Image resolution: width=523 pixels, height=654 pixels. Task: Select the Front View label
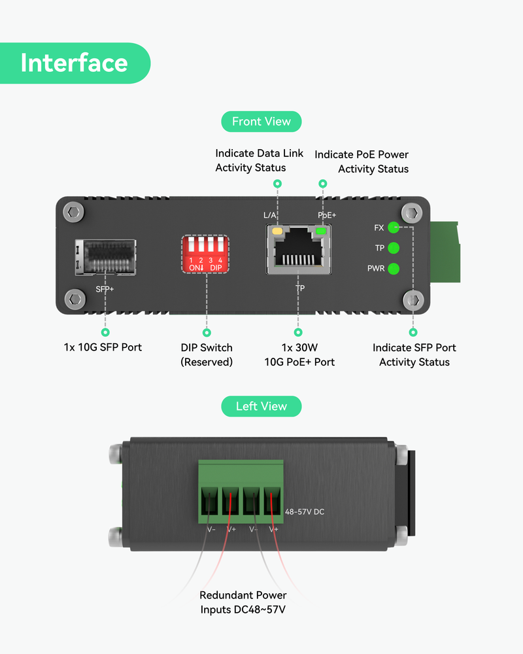pos(261,122)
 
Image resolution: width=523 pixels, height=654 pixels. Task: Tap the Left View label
pos(261,406)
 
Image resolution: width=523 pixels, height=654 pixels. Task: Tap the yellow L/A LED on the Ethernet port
pos(277,231)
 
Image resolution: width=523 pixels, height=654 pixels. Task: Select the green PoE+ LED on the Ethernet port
pos(320,231)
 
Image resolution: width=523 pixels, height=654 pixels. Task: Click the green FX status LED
pos(394,228)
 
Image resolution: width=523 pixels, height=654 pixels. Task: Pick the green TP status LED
pos(394,248)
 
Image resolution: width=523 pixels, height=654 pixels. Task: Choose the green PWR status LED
pos(394,268)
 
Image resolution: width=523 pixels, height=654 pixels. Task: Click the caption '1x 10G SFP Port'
pos(103,347)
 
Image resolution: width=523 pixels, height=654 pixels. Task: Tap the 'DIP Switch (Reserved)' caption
pos(207,354)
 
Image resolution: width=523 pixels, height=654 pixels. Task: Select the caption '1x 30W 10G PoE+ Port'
pos(299,354)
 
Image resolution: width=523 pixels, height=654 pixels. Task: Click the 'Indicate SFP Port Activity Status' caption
pos(414,354)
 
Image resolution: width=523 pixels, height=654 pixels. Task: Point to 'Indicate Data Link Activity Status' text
pos(259,161)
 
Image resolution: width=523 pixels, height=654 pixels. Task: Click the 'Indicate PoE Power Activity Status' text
pos(362,162)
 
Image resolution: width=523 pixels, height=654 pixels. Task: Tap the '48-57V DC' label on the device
pos(305,512)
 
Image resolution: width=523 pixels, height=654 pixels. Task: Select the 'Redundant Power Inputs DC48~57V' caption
pos(243,602)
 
